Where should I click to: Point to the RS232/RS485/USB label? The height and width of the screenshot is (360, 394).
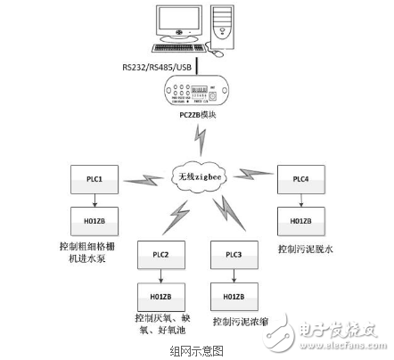(x=155, y=66)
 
